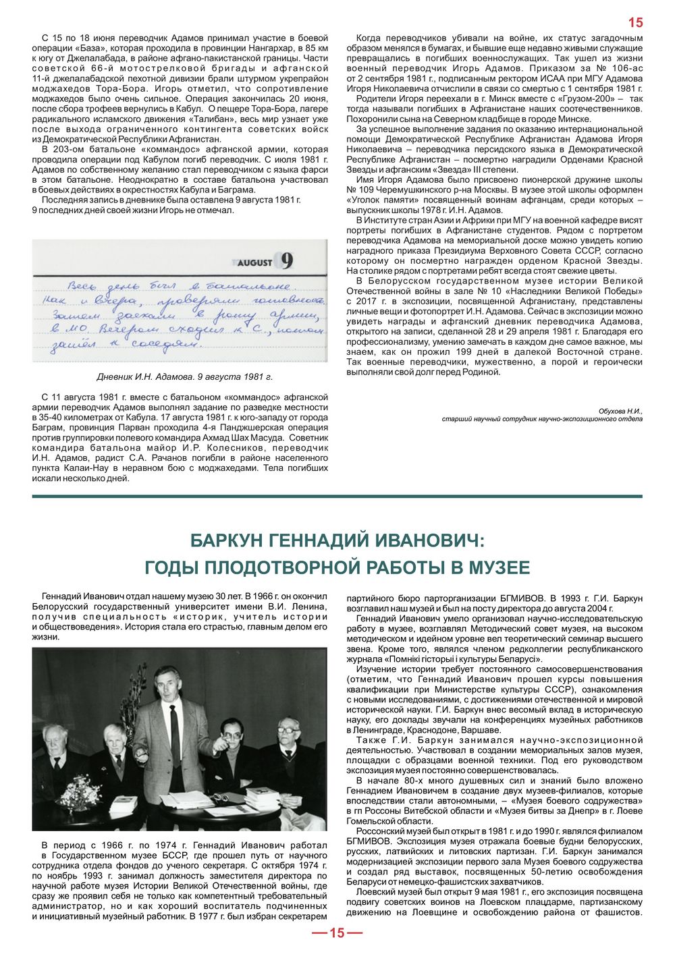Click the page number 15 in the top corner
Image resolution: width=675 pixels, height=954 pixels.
click(x=635, y=22)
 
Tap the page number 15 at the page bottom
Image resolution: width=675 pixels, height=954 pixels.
click(x=337, y=934)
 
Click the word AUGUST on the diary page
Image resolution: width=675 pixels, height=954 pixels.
click(x=254, y=262)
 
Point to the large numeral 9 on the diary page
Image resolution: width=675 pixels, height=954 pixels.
click(x=286, y=260)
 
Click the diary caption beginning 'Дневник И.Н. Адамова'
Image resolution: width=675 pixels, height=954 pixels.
click(x=184, y=376)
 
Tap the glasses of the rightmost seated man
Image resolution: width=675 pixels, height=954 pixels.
click(x=288, y=729)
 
